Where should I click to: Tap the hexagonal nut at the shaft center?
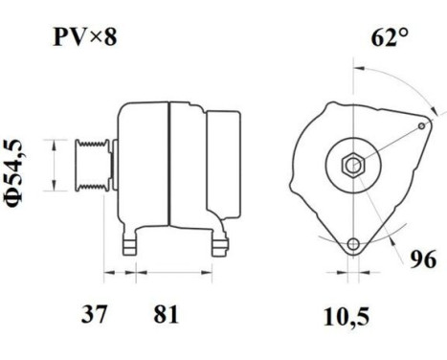tap(352, 164)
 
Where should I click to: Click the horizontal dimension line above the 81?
tap(172, 274)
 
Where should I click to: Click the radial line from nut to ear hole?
tap(388, 145)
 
